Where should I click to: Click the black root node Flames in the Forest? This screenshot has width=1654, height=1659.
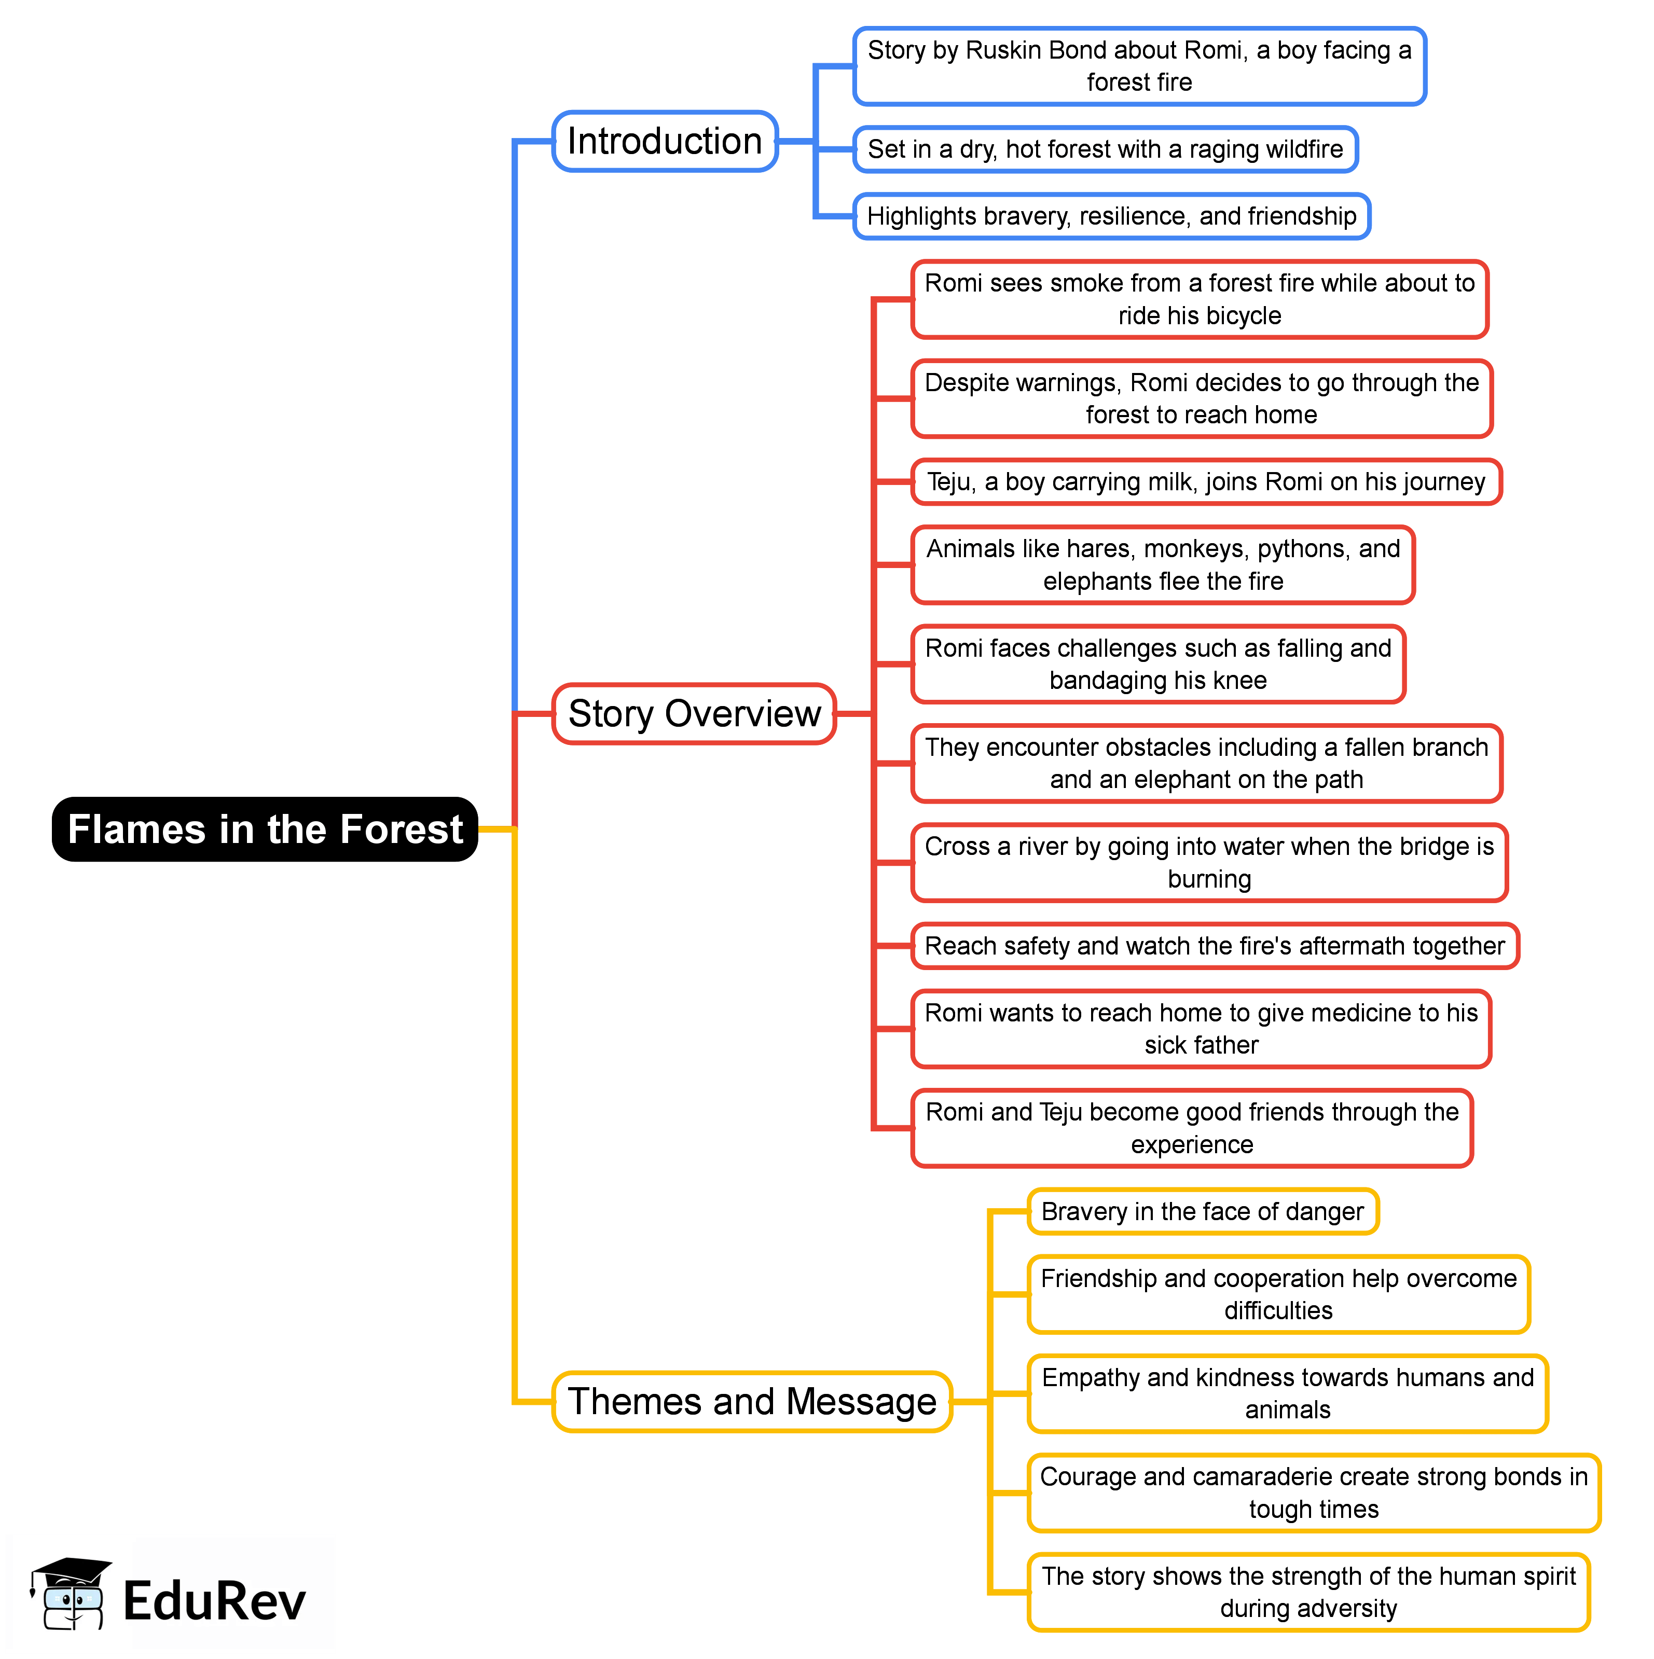click(265, 829)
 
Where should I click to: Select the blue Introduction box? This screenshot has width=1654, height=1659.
click(665, 141)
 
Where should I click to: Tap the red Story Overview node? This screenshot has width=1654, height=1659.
click(694, 714)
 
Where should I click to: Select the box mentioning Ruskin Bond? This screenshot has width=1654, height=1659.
click(1139, 66)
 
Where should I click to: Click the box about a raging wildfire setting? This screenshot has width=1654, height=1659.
click(1105, 149)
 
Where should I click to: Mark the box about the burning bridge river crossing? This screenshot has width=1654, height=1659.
click(1209, 863)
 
